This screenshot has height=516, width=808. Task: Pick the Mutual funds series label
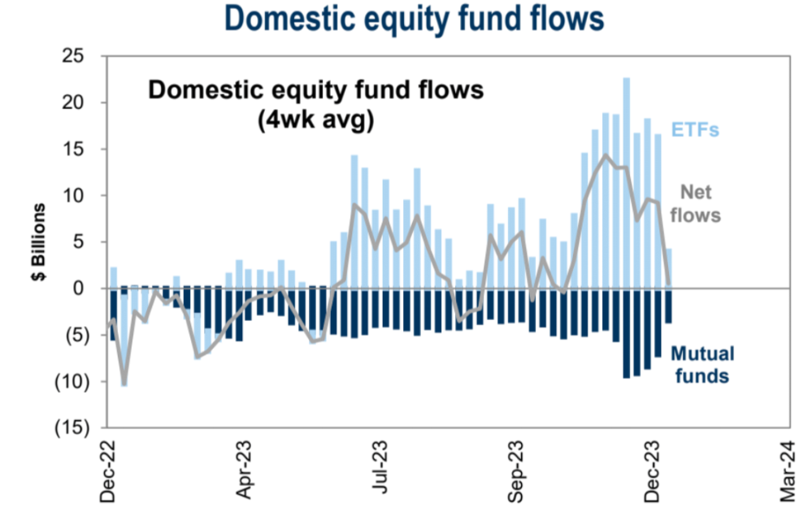702,365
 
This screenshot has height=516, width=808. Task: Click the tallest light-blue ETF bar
627,182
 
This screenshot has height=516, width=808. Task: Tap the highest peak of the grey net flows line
606,154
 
